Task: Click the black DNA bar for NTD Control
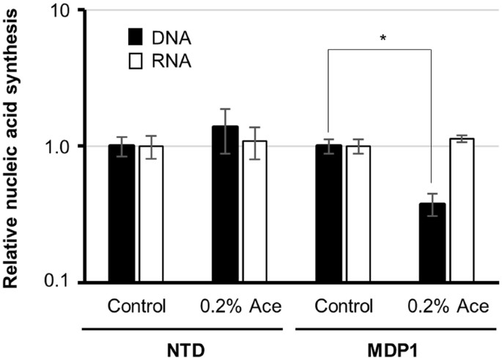[x=121, y=213]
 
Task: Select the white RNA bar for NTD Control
[x=151, y=213]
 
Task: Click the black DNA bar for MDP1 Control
[x=328, y=213]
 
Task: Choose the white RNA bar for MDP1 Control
[x=358, y=213]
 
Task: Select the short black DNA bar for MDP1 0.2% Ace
[x=432, y=242]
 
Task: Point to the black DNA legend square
[x=135, y=37]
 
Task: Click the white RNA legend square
[x=135, y=62]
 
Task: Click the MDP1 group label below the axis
[x=395, y=344]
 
